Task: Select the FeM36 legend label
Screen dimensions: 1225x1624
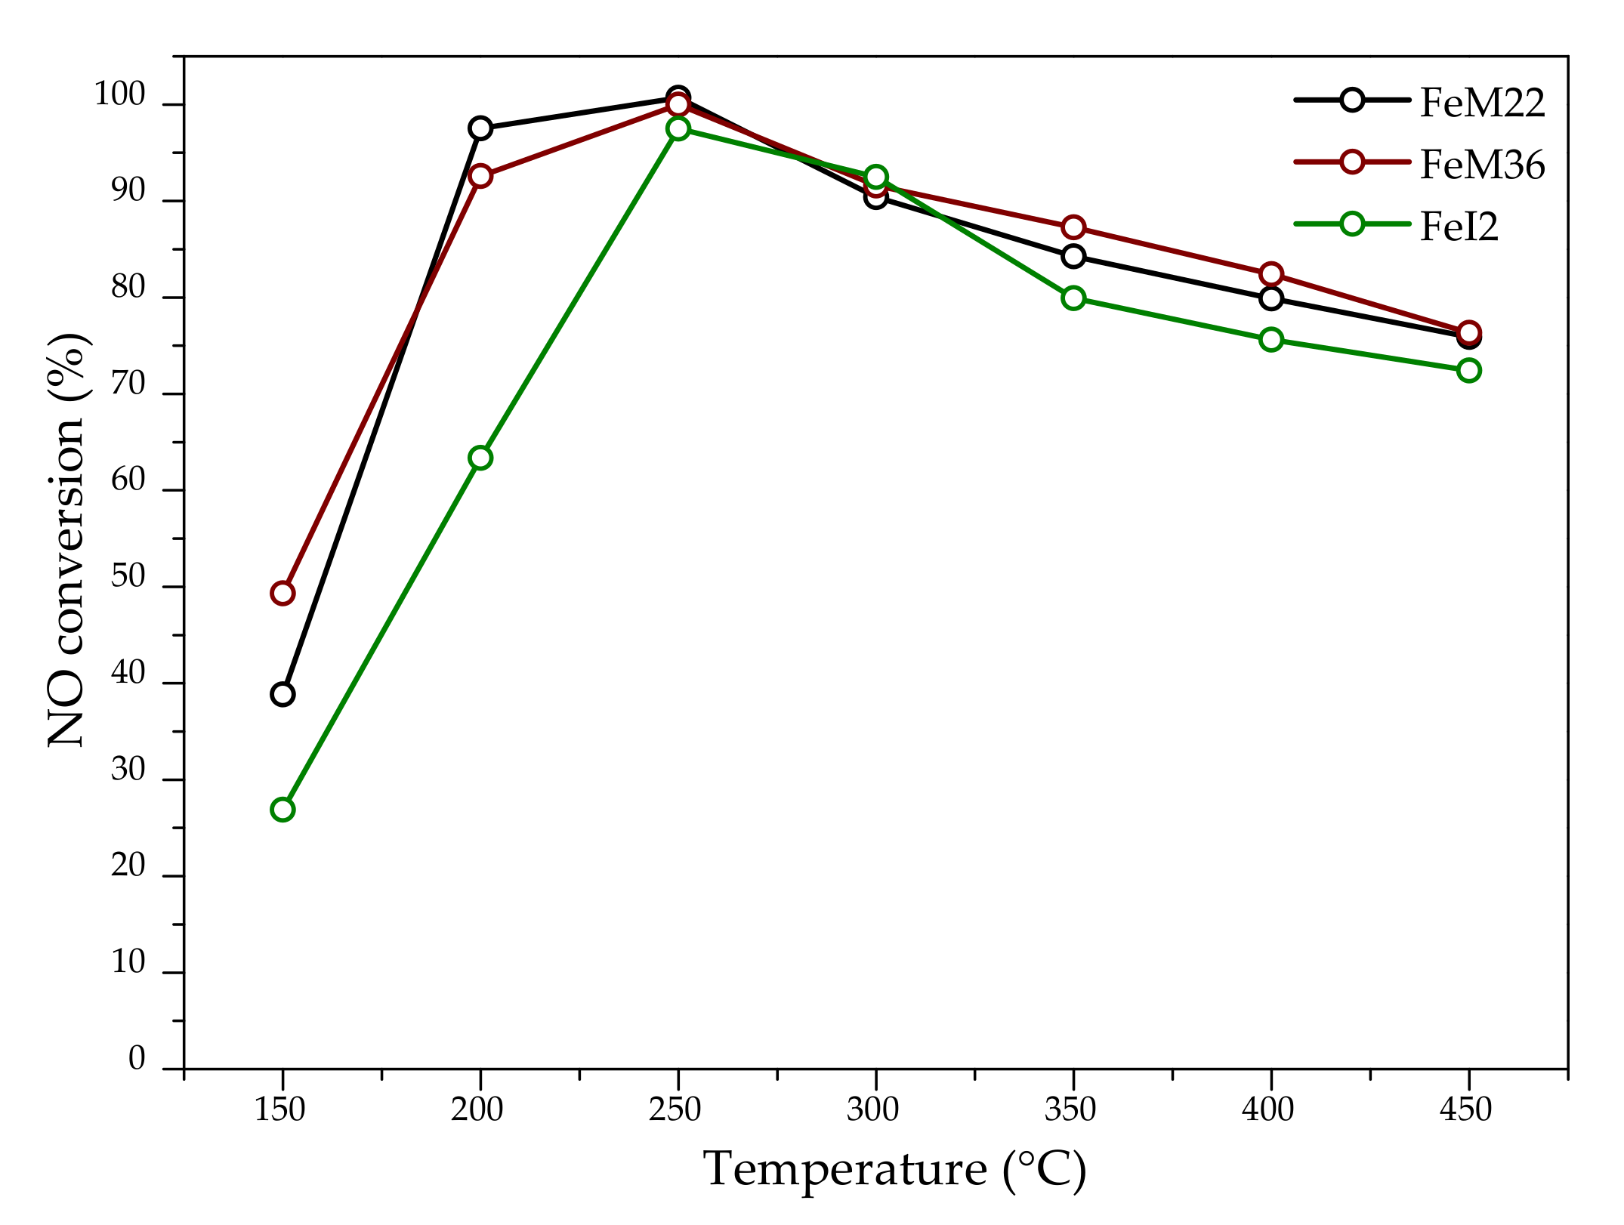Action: pos(1481,165)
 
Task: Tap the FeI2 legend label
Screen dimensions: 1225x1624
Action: pos(1458,226)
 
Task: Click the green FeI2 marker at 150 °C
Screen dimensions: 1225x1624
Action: pos(283,809)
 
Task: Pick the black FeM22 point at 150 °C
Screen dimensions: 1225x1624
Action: pos(283,694)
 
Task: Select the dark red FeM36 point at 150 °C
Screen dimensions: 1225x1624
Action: pos(283,593)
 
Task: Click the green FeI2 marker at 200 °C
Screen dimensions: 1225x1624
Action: pos(480,458)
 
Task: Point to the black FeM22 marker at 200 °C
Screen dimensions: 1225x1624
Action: pos(480,128)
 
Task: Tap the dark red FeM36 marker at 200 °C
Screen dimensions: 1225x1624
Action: pos(480,176)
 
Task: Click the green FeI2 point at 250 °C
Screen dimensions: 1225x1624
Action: pos(678,128)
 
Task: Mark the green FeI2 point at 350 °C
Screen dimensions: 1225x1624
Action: pos(1073,298)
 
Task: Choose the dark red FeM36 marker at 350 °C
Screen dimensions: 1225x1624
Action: pos(1073,227)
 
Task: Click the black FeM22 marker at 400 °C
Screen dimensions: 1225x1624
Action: pos(1271,298)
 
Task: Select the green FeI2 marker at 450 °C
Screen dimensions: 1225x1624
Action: pos(1468,370)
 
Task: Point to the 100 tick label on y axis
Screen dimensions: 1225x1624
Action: pos(119,96)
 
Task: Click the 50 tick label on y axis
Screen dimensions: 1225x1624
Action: pos(128,577)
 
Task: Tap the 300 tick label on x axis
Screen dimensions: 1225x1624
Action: pos(872,1109)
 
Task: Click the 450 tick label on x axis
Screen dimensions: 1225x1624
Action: pos(1465,1109)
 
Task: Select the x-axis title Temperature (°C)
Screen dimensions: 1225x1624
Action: pos(894,1170)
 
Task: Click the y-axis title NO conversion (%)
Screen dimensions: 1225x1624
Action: pos(68,540)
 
